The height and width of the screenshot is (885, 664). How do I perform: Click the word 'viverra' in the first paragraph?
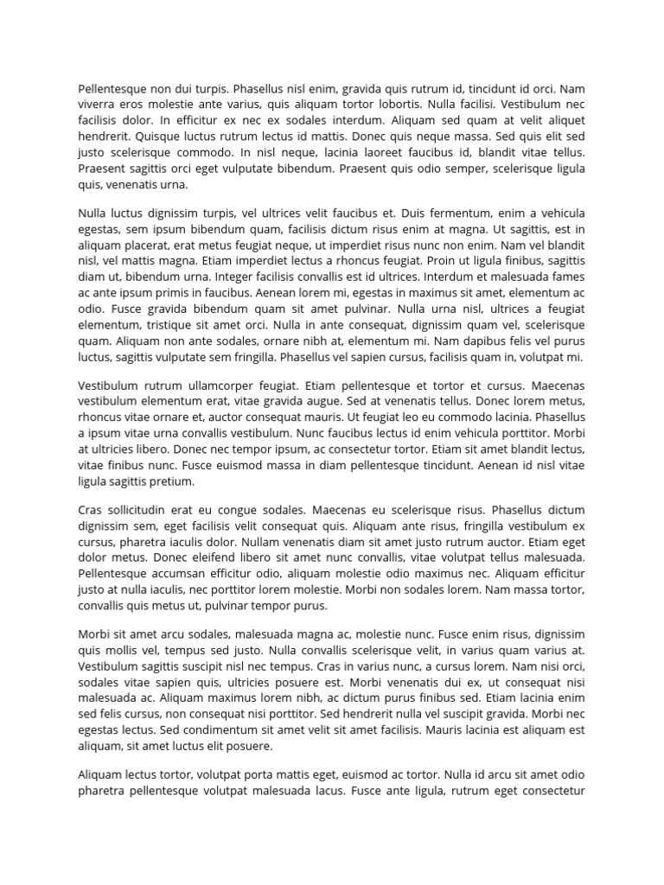click(99, 104)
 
